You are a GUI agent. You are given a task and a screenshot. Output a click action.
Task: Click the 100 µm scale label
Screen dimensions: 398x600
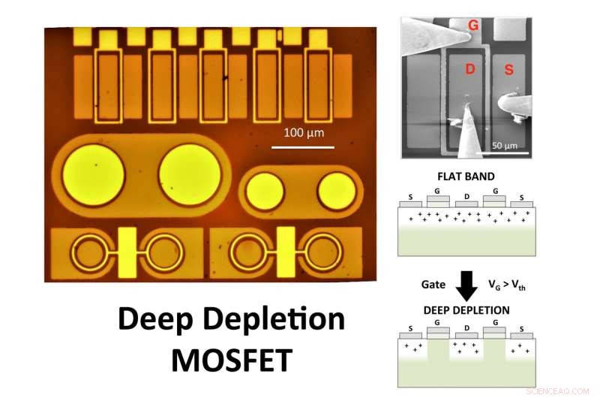304,132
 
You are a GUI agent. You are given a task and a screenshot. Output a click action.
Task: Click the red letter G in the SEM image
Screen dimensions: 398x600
473,26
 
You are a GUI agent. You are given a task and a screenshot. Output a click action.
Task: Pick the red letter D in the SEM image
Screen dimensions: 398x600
470,70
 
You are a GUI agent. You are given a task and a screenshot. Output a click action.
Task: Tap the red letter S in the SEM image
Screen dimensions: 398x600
508,70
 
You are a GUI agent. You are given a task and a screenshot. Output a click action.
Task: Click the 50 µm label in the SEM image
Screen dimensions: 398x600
506,144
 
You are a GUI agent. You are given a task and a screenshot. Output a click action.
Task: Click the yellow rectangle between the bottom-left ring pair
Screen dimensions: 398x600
127,252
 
